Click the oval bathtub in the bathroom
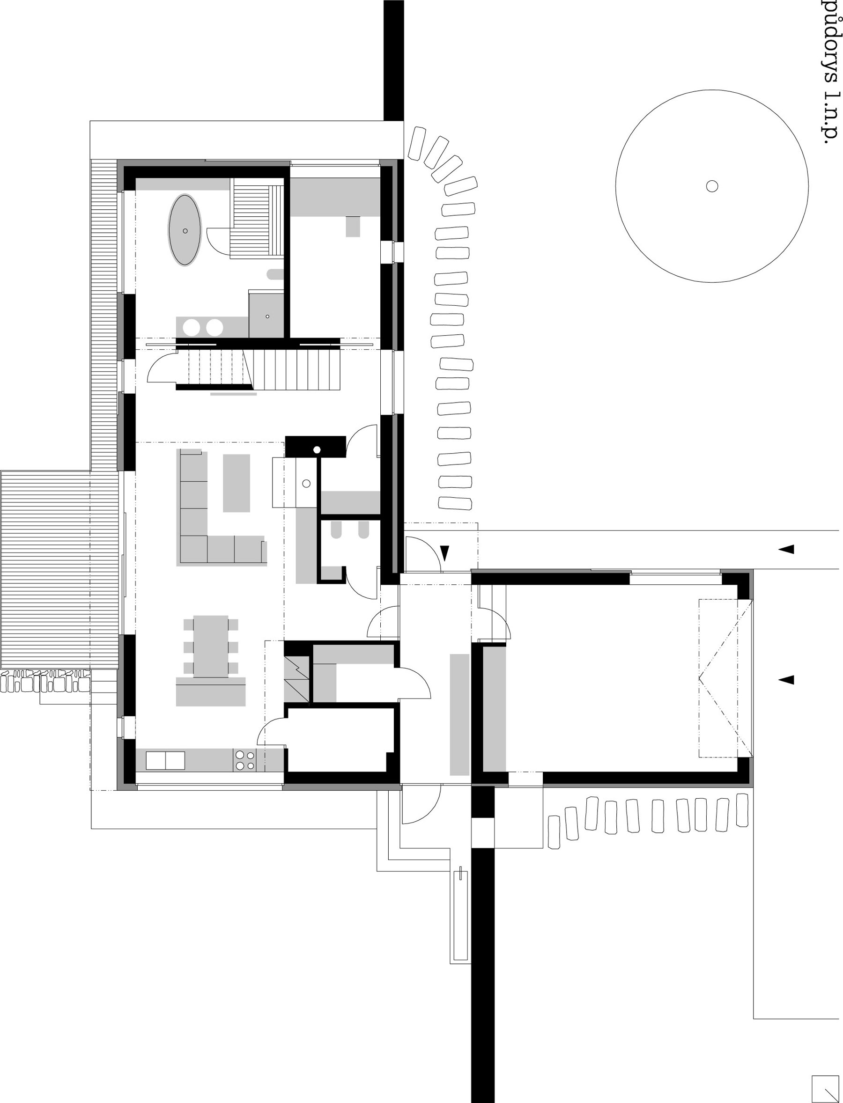(185, 230)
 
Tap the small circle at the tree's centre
(711, 186)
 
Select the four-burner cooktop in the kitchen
(244, 760)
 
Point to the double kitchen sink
(165, 760)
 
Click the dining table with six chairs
(211, 646)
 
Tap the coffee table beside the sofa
(237, 483)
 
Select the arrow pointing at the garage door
(786, 680)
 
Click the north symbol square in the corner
(824, 1086)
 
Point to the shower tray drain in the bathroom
(267, 316)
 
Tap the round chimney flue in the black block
(317, 449)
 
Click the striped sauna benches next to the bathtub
(257, 218)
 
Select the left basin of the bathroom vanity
(191, 328)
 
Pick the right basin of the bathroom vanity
(214, 328)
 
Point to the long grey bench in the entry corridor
(459, 714)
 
